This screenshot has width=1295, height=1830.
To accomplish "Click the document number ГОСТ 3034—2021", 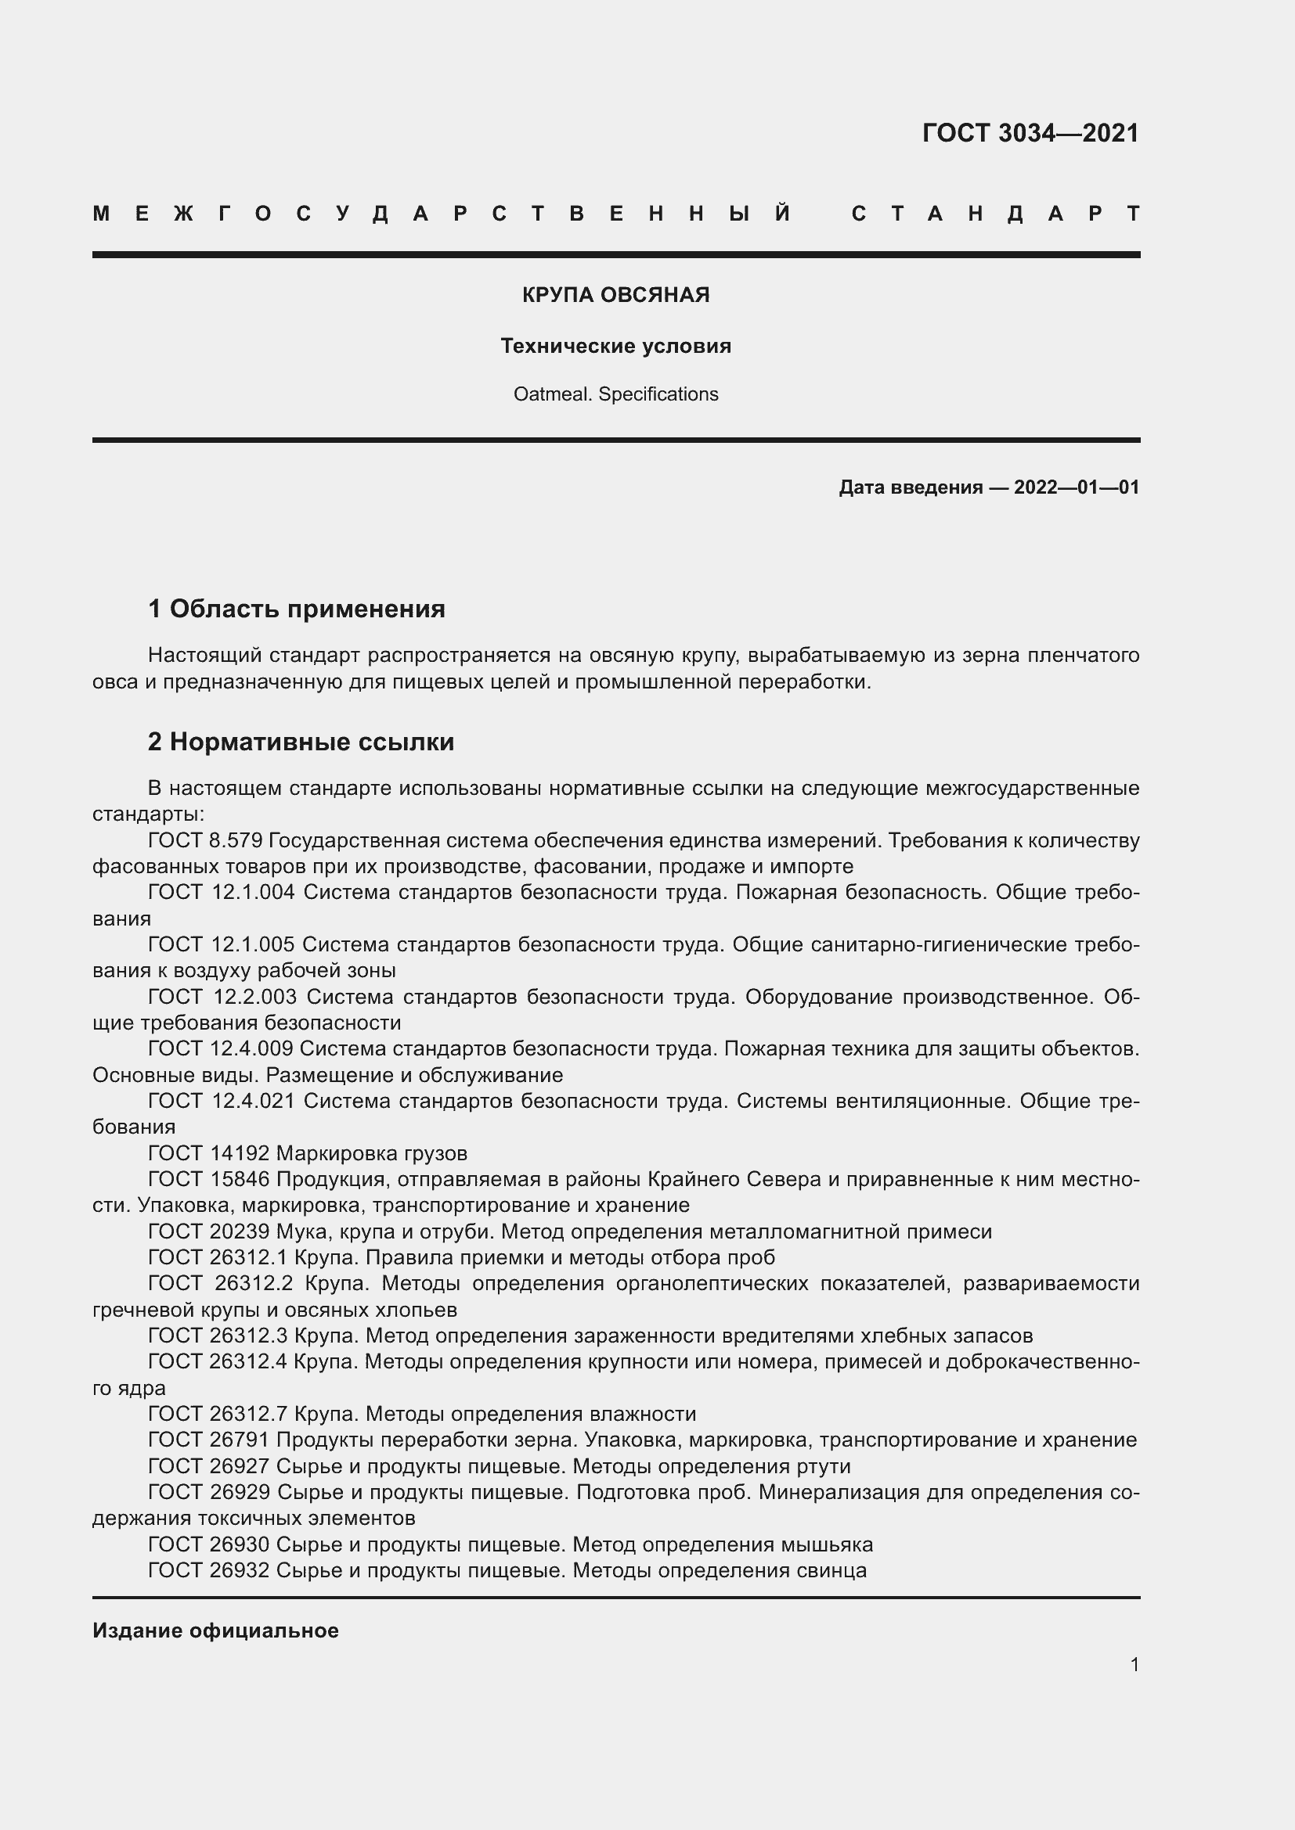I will [x=1030, y=133].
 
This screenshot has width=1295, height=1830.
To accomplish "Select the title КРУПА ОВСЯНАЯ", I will [x=615, y=295].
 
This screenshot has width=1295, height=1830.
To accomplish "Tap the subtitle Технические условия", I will [x=615, y=346].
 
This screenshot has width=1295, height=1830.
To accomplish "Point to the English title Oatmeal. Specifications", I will [x=615, y=394].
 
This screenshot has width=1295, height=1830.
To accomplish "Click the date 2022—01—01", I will [x=1076, y=487].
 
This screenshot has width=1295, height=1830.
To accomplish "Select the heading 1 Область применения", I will [x=297, y=609].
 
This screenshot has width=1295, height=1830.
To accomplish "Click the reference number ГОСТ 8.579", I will [x=205, y=841].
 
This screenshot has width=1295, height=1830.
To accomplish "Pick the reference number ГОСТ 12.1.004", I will [x=221, y=893].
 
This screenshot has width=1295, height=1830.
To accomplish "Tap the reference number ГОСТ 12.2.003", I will [x=222, y=997].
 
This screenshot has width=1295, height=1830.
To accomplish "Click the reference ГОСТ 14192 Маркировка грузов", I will [x=307, y=1153].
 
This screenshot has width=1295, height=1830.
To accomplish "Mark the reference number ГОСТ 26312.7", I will [x=218, y=1414].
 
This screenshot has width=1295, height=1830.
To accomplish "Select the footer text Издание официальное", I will [x=215, y=1630].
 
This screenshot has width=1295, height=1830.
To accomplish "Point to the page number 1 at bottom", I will [x=1134, y=1664].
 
